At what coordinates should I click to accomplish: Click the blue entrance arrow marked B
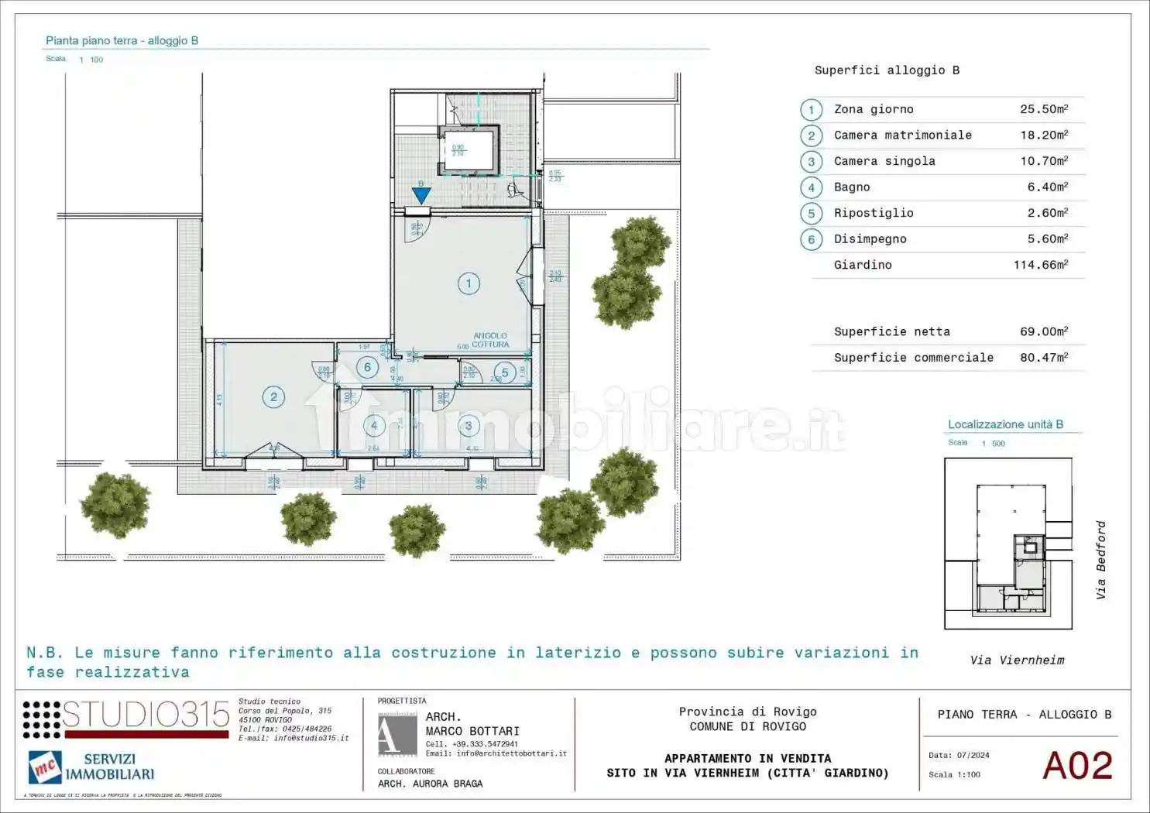point(421,194)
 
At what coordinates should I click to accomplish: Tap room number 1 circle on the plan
point(469,283)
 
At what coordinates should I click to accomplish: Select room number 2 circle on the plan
point(273,397)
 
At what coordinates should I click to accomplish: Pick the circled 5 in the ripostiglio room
point(505,372)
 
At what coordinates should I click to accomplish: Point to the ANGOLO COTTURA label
point(490,340)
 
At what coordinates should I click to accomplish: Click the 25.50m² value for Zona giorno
point(1043,109)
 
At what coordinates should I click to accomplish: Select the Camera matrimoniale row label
point(902,135)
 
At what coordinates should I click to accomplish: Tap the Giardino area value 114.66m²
point(1040,265)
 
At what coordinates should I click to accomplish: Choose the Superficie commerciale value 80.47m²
point(1043,357)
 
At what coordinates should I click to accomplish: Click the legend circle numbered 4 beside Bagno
point(811,187)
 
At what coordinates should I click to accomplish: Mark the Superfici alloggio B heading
point(887,70)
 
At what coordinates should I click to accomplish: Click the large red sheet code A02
point(1077,766)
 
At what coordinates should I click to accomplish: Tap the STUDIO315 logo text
point(146,715)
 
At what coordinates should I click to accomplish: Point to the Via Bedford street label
point(1100,559)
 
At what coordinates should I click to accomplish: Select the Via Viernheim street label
point(1017,660)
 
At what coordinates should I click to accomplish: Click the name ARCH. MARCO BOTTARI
point(472,724)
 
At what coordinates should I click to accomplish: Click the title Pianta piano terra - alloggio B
point(122,40)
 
